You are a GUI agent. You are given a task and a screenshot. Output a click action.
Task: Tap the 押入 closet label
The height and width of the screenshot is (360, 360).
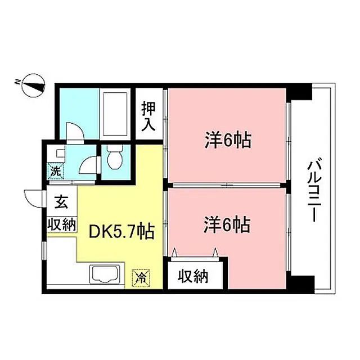pyautogui.click(x=148, y=115)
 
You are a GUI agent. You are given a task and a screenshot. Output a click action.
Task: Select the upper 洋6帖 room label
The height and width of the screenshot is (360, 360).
pyautogui.click(x=227, y=140)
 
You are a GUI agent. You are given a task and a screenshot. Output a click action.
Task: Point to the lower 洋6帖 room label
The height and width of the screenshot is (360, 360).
pyautogui.click(x=227, y=226)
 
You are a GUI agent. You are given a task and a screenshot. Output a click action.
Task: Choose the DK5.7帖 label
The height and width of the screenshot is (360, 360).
pyautogui.click(x=120, y=231)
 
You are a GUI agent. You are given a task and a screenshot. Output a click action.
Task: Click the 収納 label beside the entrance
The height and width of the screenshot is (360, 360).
pyautogui.click(x=62, y=224)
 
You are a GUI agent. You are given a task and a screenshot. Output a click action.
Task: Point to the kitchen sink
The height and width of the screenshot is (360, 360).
pyautogui.click(x=107, y=276)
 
